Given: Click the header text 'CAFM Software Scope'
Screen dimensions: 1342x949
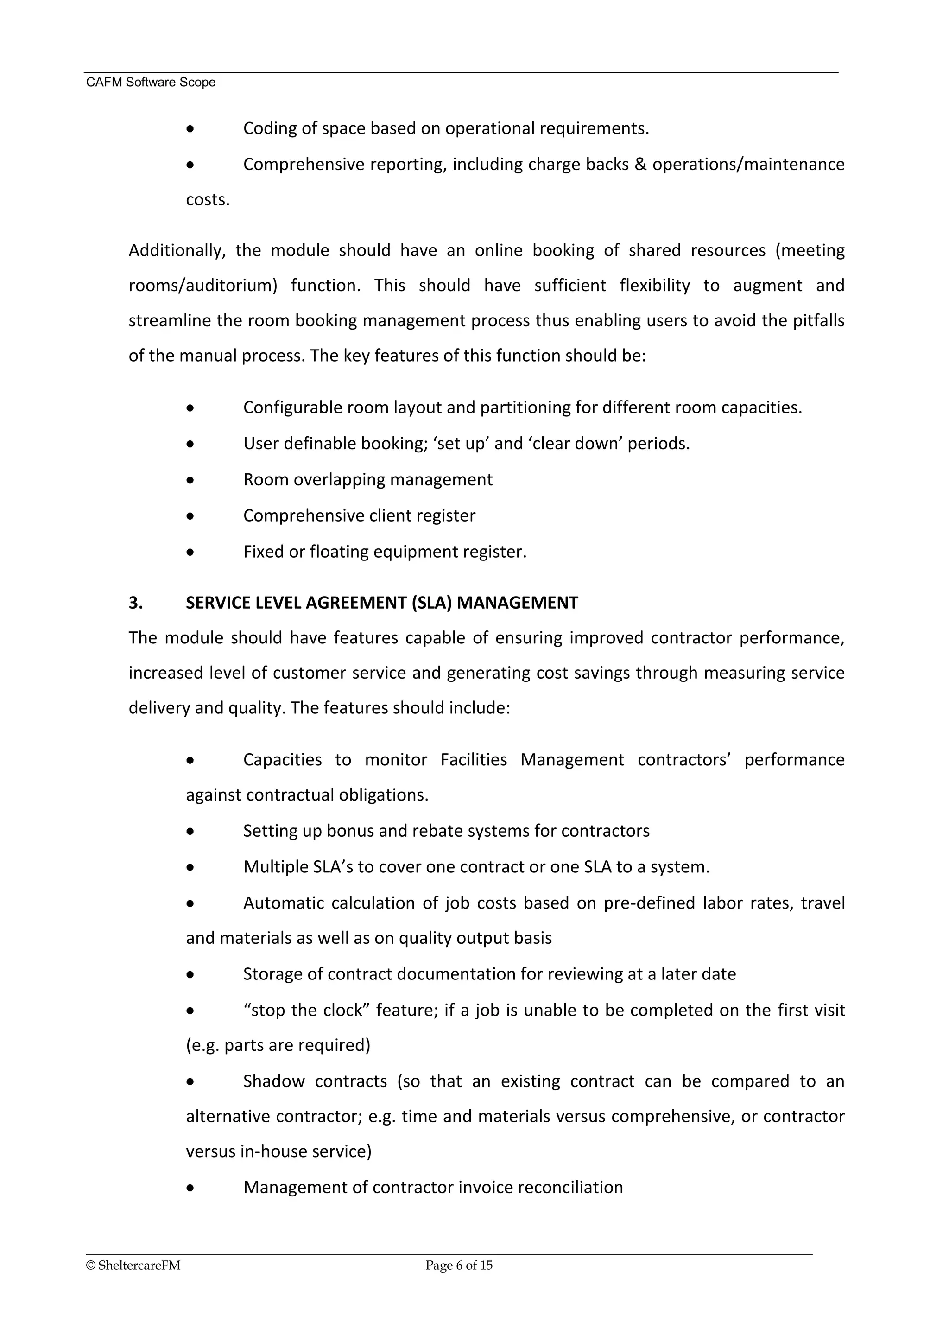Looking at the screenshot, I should [x=151, y=83].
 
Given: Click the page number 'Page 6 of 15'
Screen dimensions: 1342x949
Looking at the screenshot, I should [x=459, y=1266].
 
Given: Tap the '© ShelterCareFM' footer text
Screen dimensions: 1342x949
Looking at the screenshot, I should [x=133, y=1266].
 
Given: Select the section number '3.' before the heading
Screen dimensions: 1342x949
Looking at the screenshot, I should [x=136, y=603].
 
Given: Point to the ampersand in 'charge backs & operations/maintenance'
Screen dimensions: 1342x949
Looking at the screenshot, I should [x=640, y=164].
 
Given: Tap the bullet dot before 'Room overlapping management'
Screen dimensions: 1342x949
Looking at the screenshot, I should [x=190, y=480].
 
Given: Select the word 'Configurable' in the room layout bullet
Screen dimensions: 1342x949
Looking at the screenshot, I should [x=292, y=407].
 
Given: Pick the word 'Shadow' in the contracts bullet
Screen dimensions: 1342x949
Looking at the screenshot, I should [x=273, y=1081].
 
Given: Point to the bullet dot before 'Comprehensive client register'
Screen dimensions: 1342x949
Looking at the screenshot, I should [x=190, y=516].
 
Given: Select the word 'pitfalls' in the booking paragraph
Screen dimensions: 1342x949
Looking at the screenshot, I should [x=818, y=320].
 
